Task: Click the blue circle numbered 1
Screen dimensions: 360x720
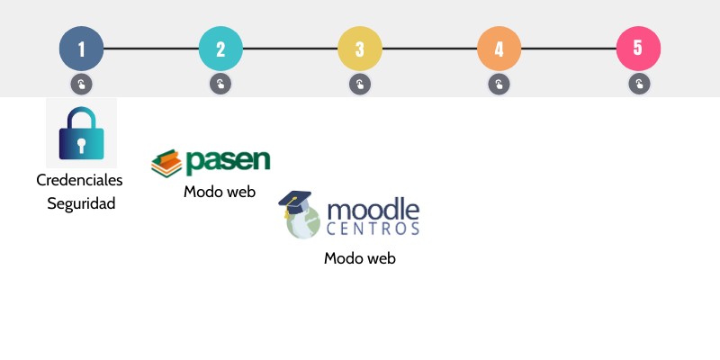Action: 81,49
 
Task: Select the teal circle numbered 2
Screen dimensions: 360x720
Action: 220,49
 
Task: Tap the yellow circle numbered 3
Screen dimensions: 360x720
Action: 360,49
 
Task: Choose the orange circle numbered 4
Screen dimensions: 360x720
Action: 499,49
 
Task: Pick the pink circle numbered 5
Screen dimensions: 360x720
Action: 638,49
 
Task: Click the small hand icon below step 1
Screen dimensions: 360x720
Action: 81,85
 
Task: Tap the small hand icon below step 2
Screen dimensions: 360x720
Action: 220,85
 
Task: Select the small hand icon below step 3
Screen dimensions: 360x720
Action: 360,85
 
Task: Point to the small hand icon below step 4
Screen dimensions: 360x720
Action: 499,85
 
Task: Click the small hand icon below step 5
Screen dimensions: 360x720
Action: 638,85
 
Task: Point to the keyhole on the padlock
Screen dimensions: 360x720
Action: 81,144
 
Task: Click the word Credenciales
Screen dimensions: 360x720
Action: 80,180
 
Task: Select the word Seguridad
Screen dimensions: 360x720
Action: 81,203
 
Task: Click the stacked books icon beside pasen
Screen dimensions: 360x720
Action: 166,163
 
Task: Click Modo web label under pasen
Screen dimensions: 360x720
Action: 220,192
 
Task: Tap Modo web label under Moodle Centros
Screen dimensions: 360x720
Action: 360,258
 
